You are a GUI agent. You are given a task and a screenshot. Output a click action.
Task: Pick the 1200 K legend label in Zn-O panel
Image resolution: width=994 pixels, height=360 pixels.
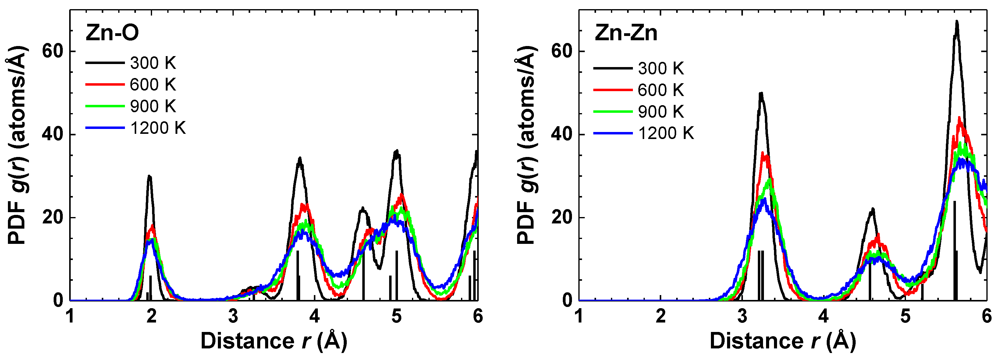(x=158, y=128)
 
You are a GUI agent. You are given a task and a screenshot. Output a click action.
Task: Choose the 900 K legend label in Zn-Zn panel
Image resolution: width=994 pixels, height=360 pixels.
(x=661, y=112)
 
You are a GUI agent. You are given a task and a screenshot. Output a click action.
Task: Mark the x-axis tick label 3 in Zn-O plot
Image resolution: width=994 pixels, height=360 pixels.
(x=233, y=316)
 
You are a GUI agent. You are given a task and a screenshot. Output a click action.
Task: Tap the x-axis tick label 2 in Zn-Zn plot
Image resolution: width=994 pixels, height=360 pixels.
(x=660, y=316)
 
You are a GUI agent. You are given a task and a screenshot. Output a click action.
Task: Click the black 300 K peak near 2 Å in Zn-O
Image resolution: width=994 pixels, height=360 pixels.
(x=149, y=177)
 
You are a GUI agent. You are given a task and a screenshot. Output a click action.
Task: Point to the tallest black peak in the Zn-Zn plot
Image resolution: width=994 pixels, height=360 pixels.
(x=957, y=22)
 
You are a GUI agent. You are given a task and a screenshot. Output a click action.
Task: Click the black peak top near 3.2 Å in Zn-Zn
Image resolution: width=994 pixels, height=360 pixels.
(x=761, y=94)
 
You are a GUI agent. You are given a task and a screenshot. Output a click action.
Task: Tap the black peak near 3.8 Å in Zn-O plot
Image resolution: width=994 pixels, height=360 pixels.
(x=300, y=159)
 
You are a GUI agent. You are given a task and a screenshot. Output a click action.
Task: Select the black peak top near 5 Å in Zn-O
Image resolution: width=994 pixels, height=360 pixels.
(x=396, y=151)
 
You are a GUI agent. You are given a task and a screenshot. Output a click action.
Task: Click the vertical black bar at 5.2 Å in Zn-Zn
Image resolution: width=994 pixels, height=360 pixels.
(x=922, y=291)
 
